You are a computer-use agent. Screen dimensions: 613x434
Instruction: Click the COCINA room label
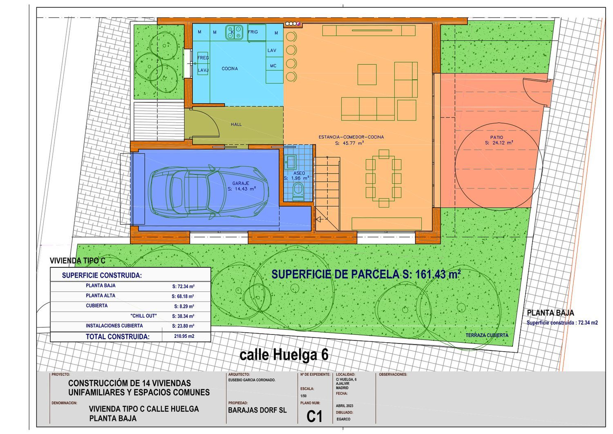click(230, 68)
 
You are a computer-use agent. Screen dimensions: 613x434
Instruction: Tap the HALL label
click(236, 124)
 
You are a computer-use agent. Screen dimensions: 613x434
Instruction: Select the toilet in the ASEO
click(298, 190)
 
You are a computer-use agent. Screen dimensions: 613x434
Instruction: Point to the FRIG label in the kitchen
click(253, 32)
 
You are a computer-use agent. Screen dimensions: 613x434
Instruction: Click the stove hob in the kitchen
click(234, 32)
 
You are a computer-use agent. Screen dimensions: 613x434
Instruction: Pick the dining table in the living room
click(384, 178)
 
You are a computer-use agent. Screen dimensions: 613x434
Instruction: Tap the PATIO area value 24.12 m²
click(499, 143)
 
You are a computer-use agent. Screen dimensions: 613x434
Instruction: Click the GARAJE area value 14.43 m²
click(242, 189)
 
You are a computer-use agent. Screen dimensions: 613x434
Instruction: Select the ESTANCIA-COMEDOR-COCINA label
click(351, 137)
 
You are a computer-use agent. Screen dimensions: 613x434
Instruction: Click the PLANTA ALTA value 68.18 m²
click(183, 296)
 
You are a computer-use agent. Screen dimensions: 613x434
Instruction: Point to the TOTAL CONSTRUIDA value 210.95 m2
click(184, 336)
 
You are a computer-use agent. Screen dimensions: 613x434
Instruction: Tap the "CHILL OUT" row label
click(144, 316)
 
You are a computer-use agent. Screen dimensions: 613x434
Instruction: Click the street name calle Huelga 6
click(284, 355)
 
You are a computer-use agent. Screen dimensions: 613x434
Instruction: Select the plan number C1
click(314, 417)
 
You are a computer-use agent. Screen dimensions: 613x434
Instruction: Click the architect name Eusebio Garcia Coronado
click(252, 380)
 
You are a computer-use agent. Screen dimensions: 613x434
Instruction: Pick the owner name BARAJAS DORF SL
click(257, 410)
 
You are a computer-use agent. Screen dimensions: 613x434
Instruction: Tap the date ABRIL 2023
click(345, 406)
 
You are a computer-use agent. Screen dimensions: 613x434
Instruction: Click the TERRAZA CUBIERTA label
click(487, 335)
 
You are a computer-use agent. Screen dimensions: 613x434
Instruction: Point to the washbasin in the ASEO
click(290, 161)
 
